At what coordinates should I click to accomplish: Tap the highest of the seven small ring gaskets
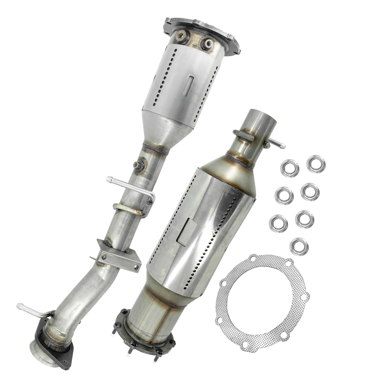(316, 163)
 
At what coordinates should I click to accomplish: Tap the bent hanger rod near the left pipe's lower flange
(32, 310)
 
